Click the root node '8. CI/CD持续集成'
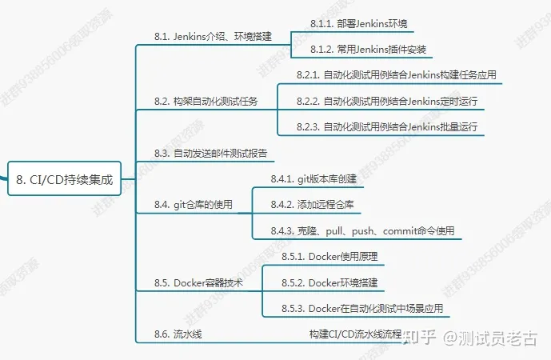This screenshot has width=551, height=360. tap(65, 181)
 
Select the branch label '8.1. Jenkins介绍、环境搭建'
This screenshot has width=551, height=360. tap(213, 36)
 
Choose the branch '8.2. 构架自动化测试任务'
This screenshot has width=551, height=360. tap(206, 102)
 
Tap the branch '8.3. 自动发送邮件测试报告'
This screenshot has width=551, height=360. tap(210, 153)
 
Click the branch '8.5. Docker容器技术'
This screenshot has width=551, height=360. tap(198, 283)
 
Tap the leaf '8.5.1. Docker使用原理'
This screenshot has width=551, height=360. tap(329, 257)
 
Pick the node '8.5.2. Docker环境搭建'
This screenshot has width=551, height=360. tap(329, 283)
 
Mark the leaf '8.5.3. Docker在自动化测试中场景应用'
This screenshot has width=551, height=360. tap(361, 309)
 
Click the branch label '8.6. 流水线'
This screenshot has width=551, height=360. tap(178, 334)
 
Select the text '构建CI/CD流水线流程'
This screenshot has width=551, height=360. tap(355, 334)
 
